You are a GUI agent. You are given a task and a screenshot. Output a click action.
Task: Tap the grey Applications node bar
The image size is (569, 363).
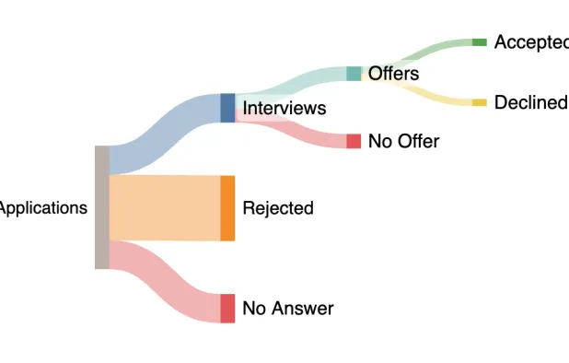click(x=102, y=207)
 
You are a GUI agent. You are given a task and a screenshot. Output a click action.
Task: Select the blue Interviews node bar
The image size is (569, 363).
click(x=227, y=108)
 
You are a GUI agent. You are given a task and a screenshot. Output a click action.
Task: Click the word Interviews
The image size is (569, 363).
click(x=284, y=108)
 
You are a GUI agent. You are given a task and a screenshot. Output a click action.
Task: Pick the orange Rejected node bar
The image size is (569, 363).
click(x=227, y=208)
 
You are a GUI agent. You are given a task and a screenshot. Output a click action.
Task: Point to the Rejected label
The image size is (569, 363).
click(x=277, y=208)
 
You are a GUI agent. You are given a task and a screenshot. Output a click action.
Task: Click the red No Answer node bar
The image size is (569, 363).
click(x=227, y=309)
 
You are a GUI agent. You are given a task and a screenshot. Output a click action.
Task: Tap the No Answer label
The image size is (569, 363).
click(x=287, y=309)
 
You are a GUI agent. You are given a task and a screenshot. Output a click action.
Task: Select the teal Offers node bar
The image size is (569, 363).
click(x=354, y=74)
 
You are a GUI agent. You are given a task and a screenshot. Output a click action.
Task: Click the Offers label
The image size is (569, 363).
click(x=393, y=74)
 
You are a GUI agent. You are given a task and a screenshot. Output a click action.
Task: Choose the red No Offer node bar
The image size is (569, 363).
click(x=354, y=141)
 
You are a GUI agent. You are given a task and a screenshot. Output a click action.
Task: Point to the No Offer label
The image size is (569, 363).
click(x=403, y=141)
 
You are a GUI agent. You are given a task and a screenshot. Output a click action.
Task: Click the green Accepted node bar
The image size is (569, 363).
click(x=479, y=42)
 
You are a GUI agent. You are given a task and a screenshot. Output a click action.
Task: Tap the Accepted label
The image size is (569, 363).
click(x=530, y=42)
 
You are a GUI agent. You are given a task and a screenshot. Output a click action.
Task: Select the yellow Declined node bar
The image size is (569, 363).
click(x=479, y=102)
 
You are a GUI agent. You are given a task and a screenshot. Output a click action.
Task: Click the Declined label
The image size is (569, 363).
click(x=530, y=102)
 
